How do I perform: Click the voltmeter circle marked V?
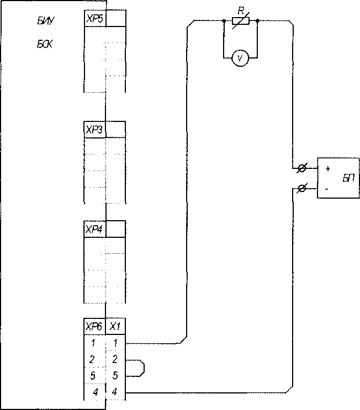point(240,58)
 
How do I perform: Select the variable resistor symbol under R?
point(241,21)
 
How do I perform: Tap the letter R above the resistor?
point(241,11)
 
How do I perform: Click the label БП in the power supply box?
point(349,178)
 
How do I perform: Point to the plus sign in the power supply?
point(328,169)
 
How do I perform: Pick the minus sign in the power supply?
point(326,189)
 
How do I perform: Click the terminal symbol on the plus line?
point(301,168)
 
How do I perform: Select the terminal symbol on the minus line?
point(301,188)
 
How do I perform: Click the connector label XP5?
point(94,19)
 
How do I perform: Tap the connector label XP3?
point(94,130)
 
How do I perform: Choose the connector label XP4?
point(94,230)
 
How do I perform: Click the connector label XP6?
point(94,327)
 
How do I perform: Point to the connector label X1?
point(115,327)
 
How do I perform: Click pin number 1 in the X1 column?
point(115,343)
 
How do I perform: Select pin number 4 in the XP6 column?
point(96,392)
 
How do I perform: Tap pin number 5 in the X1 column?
point(115,375)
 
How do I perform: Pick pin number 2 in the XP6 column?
point(92,360)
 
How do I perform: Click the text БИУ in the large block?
point(46,21)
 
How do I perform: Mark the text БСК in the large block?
point(45,45)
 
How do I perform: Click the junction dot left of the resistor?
point(224,20)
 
